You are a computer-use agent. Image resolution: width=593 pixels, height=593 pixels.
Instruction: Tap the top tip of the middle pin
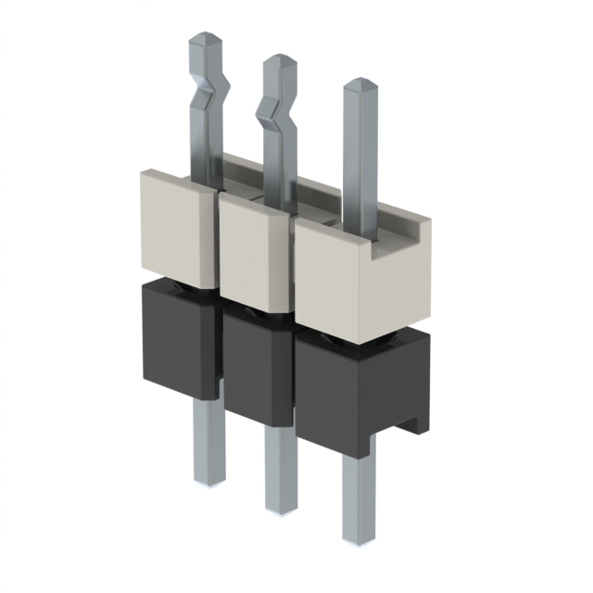279,63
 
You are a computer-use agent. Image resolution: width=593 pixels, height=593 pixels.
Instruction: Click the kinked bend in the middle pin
276,116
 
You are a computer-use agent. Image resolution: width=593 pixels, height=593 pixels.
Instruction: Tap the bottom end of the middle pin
279,505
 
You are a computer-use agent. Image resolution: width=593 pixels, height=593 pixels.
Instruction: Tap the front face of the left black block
176,338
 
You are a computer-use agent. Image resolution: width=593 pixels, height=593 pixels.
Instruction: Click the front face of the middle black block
254,371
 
